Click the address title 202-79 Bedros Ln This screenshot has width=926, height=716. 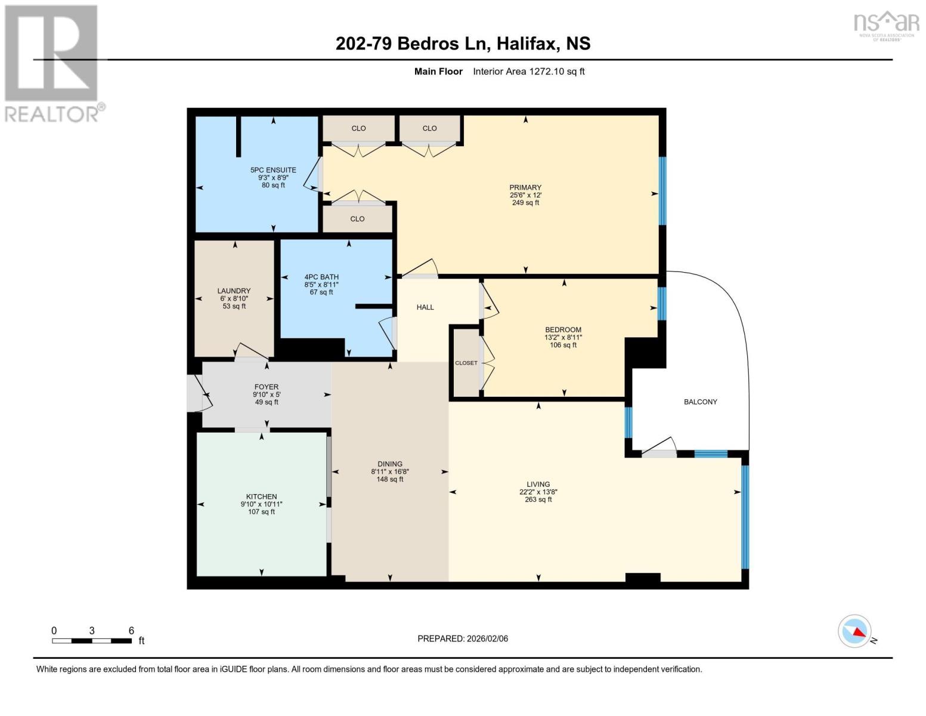coord(463,44)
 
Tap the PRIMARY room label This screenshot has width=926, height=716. coord(525,187)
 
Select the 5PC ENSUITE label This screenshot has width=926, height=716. coord(273,170)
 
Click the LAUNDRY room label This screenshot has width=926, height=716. coord(234,291)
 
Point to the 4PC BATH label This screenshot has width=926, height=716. coord(321,277)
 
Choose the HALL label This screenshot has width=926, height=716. coord(425,307)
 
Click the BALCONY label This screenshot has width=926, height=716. coord(700,402)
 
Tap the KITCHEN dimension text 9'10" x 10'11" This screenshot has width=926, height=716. coord(261,504)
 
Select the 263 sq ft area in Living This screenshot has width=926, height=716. coord(538,500)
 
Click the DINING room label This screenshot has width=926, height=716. coord(390,464)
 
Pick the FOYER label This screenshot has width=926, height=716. coord(267,387)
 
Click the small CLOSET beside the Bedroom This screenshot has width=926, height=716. coord(466,363)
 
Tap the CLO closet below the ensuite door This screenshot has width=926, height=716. coord(357,219)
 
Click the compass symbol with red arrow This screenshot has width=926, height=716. coord(855,631)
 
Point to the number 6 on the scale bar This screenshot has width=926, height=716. coord(131,631)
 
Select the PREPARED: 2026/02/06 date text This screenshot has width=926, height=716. coord(463,638)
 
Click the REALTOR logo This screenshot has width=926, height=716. coord(52,63)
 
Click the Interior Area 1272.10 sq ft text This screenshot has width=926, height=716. coord(528,72)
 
